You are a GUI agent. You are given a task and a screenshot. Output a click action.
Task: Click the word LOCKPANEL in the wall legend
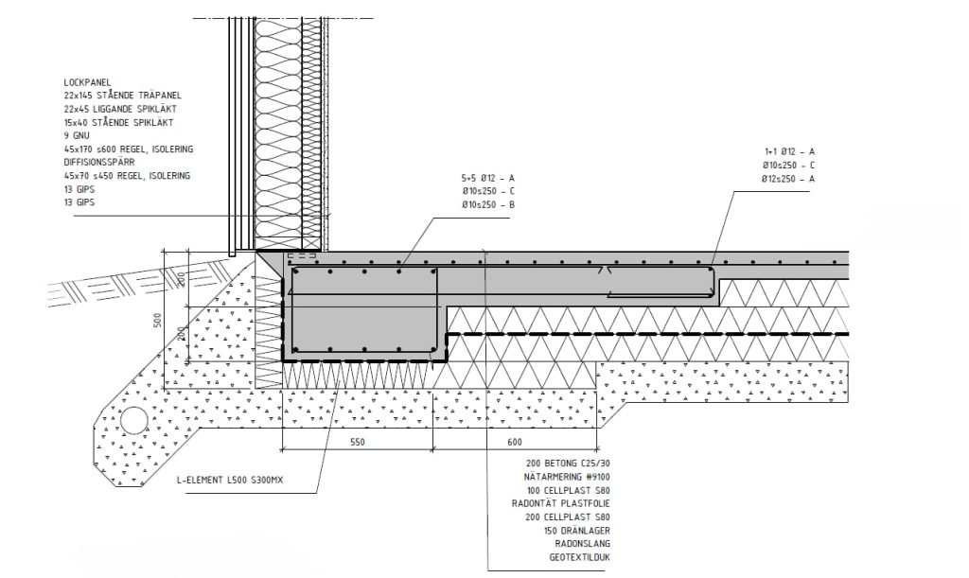(x=87, y=82)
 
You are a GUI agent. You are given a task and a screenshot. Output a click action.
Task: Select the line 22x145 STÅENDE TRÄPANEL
(x=122, y=96)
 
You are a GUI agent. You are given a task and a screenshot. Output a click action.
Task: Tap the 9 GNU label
(x=77, y=136)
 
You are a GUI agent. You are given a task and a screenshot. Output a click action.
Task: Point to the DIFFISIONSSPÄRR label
(x=98, y=163)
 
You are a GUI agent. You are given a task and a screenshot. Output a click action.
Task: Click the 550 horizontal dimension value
(x=357, y=442)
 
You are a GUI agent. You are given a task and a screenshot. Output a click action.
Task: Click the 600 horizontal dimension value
(x=514, y=442)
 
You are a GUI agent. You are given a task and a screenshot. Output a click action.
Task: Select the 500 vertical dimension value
(x=158, y=321)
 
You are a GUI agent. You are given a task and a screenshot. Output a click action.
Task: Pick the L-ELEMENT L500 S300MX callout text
(x=230, y=480)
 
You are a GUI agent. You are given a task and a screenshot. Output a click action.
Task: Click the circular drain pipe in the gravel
(x=133, y=422)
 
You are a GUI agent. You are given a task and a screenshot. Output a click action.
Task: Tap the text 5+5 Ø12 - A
(x=488, y=179)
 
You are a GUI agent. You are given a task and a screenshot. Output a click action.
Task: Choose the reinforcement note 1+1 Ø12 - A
(x=789, y=152)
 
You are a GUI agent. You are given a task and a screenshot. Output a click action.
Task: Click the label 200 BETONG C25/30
(x=568, y=464)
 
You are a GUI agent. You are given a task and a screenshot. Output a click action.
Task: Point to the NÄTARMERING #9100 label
(x=567, y=478)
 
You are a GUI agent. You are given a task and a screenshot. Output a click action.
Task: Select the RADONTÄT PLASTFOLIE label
(x=561, y=504)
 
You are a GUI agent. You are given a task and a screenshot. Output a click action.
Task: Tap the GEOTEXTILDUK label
(x=580, y=557)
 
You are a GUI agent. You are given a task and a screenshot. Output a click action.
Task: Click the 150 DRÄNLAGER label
(x=577, y=531)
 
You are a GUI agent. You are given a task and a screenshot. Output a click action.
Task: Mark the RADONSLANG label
(x=583, y=544)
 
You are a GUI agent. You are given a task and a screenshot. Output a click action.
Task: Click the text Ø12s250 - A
(x=788, y=179)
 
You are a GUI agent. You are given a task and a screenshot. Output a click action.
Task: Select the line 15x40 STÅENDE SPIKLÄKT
(x=118, y=123)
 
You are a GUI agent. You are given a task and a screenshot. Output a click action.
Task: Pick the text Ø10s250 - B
(x=488, y=205)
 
